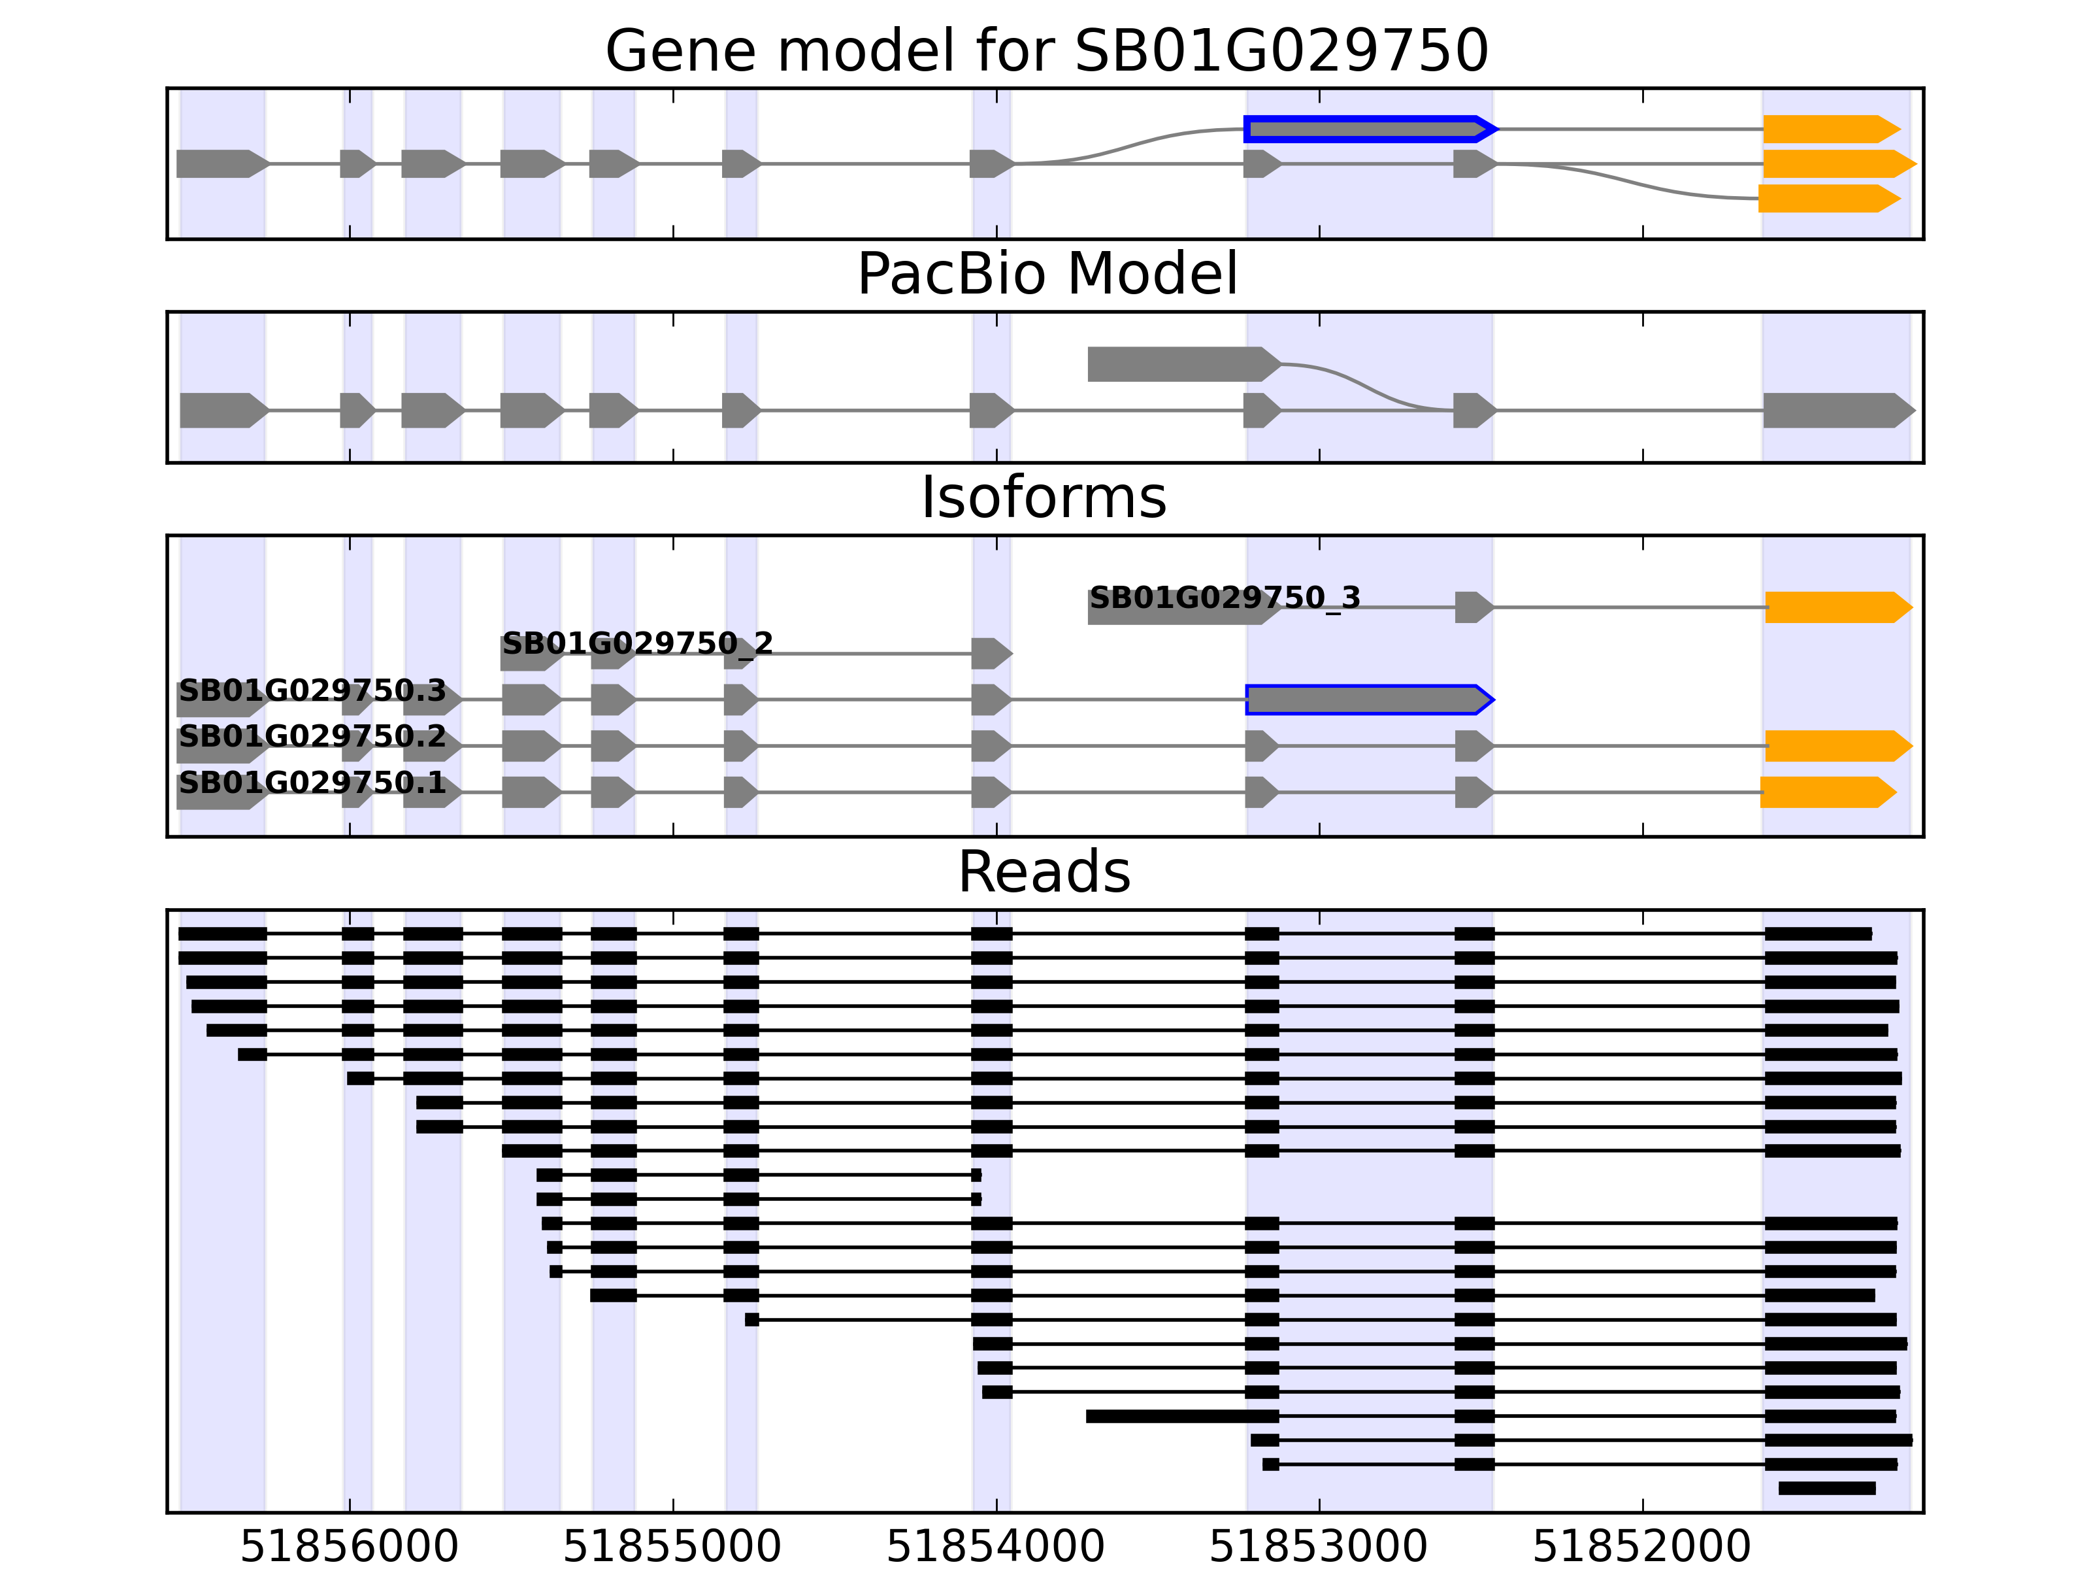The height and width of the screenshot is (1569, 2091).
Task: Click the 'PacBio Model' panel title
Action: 1046,275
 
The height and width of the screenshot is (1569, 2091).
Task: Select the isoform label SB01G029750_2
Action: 637,644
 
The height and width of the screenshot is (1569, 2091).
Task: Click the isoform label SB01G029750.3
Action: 312,690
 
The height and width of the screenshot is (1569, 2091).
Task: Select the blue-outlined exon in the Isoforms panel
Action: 1366,700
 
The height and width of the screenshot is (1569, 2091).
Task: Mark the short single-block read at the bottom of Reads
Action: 1826,1489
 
